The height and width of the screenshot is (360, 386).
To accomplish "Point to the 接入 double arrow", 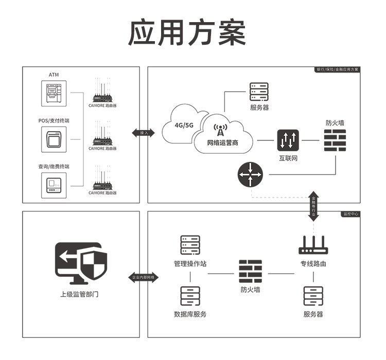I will point(144,133).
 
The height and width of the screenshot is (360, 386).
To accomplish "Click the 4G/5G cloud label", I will point(184,125).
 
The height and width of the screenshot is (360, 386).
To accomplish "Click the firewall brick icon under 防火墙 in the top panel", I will point(335,139).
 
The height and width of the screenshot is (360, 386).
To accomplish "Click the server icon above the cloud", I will point(259,92).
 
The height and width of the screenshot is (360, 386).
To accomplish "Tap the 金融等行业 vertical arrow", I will point(314,206).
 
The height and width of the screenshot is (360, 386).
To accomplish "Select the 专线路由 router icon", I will point(313,246).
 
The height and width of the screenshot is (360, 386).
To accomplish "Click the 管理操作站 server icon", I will point(190,245).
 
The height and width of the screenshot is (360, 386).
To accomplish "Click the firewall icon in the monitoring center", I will point(250,271).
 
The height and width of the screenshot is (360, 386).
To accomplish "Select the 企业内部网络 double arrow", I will point(144,277).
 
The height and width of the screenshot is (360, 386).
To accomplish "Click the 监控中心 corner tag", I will point(350,213).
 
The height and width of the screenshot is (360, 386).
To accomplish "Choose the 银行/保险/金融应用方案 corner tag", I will point(338,69).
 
